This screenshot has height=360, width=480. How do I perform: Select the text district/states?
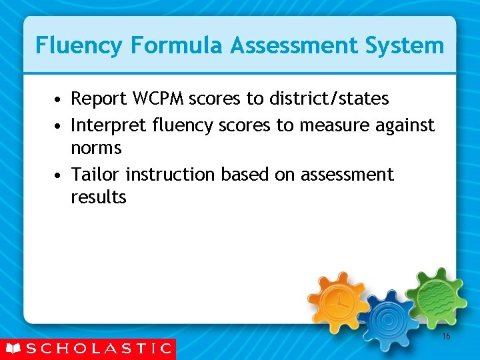click(329, 99)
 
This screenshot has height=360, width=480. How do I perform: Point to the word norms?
click(96, 147)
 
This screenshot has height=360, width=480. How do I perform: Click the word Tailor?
click(96, 175)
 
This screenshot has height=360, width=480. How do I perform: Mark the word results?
click(99, 197)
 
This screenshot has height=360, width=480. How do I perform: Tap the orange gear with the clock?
click(338, 299)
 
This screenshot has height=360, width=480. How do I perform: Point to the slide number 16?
click(446, 337)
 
